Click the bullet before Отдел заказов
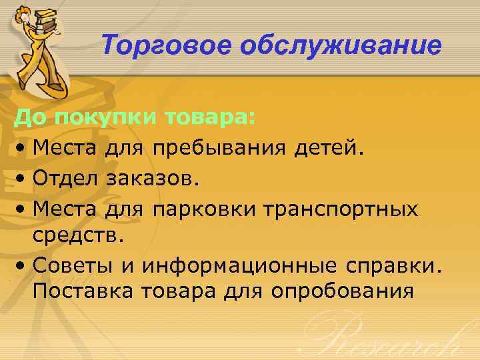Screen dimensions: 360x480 pyautogui.click(x=23, y=179)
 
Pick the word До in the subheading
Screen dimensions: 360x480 pyautogui.click(x=29, y=118)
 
